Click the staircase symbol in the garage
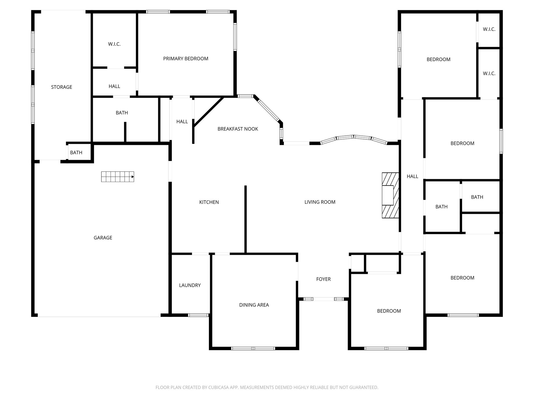pyautogui.click(x=117, y=177)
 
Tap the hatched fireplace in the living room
pyautogui.click(x=390, y=195)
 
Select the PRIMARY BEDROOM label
pyautogui.click(x=186, y=59)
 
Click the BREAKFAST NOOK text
pyautogui.click(x=238, y=129)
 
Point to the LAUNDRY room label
pyautogui.click(x=190, y=285)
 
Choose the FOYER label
pyautogui.click(x=323, y=279)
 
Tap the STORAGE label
pyautogui.click(x=62, y=87)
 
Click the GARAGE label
pyautogui.click(x=103, y=238)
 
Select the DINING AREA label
pyautogui.click(x=254, y=305)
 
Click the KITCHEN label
pyautogui.click(x=209, y=202)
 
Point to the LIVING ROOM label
pyautogui.click(x=320, y=202)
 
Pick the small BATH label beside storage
pyautogui.click(x=76, y=153)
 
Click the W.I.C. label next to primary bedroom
pyautogui.click(x=114, y=44)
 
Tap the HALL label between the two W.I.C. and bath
pyautogui.click(x=114, y=86)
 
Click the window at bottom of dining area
pyautogui.click(x=253, y=348)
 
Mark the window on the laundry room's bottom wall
pyautogui.click(x=198, y=315)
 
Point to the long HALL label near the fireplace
pyautogui.click(x=412, y=176)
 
